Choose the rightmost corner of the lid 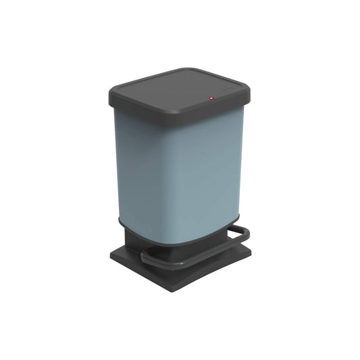point(249,86)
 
